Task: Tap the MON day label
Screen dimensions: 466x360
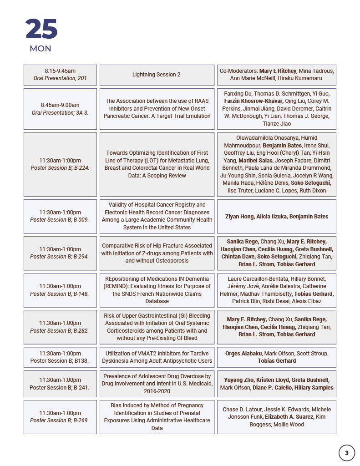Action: point(41,49)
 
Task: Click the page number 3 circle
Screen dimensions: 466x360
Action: point(347,453)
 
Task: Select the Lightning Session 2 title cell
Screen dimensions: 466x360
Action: point(157,75)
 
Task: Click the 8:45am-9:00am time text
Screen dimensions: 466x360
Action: point(60,105)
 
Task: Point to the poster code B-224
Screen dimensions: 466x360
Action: point(81,168)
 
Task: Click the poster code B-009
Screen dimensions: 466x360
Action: point(81,220)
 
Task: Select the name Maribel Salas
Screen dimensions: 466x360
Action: point(257,161)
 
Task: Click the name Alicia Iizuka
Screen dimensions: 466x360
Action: point(272,217)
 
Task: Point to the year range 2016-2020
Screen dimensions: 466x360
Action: point(157,391)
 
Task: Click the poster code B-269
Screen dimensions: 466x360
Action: point(81,420)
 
